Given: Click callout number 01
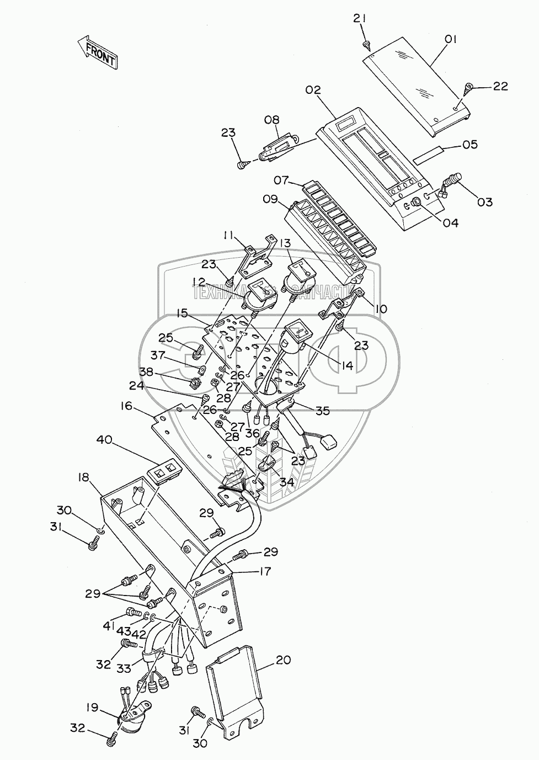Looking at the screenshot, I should click(x=452, y=39).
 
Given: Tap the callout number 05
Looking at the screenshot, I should click(x=469, y=145).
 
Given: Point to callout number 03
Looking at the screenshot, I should click(x=484, y=202).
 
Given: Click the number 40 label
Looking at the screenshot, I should click(x=104, y=440).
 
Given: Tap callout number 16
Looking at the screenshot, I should click(x=126, y=407).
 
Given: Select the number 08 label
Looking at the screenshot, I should click(x=271, y=120).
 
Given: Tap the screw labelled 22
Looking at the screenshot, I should click(x=469, y=87).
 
